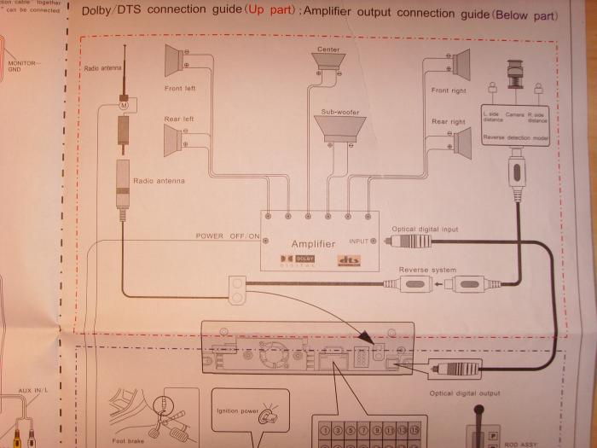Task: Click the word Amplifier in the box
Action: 313,243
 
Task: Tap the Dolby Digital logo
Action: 295,259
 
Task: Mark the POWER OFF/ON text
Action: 228,236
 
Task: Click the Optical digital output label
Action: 465,395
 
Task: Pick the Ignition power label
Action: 238,410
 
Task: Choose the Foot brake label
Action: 128,442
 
